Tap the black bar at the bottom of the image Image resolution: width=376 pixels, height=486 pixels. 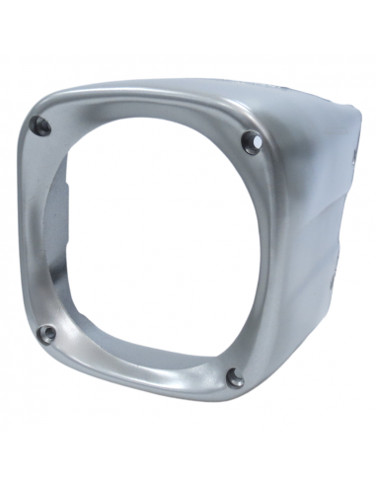[x=188, y=458]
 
